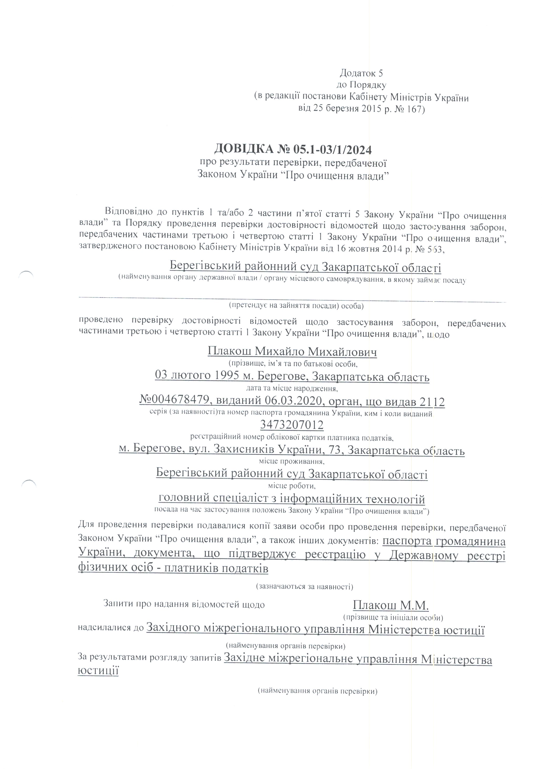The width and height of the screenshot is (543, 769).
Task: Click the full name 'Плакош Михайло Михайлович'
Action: click(292, 352)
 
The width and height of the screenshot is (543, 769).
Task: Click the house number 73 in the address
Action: click(336, 450)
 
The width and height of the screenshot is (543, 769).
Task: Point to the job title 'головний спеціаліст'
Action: click(216, 499)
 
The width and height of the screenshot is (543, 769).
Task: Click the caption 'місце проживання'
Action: click(292, 461)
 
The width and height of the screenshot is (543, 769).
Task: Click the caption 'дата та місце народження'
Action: click(292, 389)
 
